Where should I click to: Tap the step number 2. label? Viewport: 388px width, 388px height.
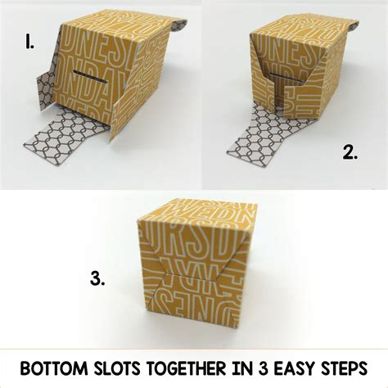(350, 152)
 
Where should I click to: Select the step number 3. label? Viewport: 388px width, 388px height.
(97, 279)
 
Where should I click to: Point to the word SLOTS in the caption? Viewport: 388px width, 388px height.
(120, 366)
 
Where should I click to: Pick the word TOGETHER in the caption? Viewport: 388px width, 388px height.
(187, 366)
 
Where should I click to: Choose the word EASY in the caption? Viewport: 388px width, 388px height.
(291, 366)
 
